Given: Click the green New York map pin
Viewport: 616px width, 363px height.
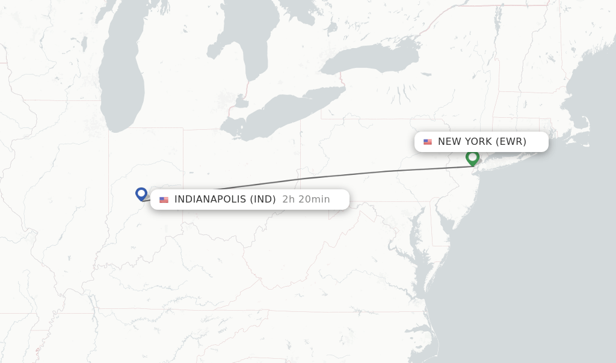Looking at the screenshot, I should pos(472,157).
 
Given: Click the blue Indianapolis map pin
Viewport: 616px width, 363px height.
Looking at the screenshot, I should pos(141,194).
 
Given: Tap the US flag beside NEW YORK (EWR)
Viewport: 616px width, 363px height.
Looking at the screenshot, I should pos(428,142).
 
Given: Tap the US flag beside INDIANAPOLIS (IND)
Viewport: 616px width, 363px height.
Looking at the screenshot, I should pos(164,200).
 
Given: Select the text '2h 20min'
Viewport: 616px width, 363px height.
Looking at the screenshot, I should pos(306,200).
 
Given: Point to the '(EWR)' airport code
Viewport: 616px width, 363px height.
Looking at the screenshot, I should pos(511,142).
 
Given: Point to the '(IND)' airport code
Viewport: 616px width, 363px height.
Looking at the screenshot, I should pos(263,200).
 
